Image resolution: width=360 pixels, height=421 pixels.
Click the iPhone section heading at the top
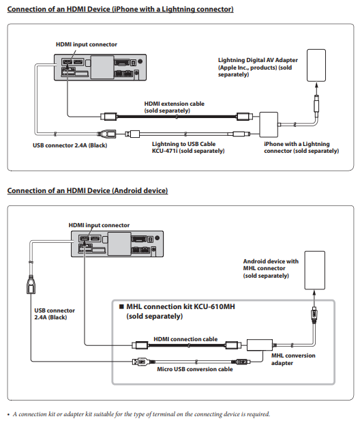click(x=120, y=9)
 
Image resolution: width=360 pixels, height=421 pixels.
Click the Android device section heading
click(x=87, y=190)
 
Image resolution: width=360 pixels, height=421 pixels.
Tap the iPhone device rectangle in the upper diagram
click(x=316, y=66)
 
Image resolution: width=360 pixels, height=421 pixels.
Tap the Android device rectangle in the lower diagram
click(x=315, y=270)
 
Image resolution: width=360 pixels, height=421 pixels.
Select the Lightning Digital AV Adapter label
click(x=258, y=67)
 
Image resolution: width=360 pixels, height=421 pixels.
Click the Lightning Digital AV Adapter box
click(x=269, y=125)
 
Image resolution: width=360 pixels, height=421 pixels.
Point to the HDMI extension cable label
click(x=174, y=107)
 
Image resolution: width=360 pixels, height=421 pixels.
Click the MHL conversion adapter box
click(x=259, y=345)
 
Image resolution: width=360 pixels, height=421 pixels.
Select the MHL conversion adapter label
click(x=293, y=359)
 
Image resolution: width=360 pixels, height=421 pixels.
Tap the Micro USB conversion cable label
click(x=195, y=369)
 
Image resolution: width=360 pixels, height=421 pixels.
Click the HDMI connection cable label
click(x=185, y=339)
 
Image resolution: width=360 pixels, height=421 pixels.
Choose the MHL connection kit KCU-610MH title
click(x=177, y=311)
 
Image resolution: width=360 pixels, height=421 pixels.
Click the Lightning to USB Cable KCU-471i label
click(x=188, y=147)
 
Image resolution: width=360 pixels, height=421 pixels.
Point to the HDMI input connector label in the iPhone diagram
click(x=87, y=44)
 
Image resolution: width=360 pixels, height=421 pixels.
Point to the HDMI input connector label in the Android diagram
click(x=99, y=225)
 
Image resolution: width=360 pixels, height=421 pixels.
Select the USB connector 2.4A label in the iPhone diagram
click(x=70, y=145)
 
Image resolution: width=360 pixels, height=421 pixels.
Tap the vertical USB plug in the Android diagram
click(x=31, y=285)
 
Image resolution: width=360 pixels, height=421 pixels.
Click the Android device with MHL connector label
click(x=271, y=268)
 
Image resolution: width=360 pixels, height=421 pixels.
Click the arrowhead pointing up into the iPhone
click(x=316, y=85)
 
